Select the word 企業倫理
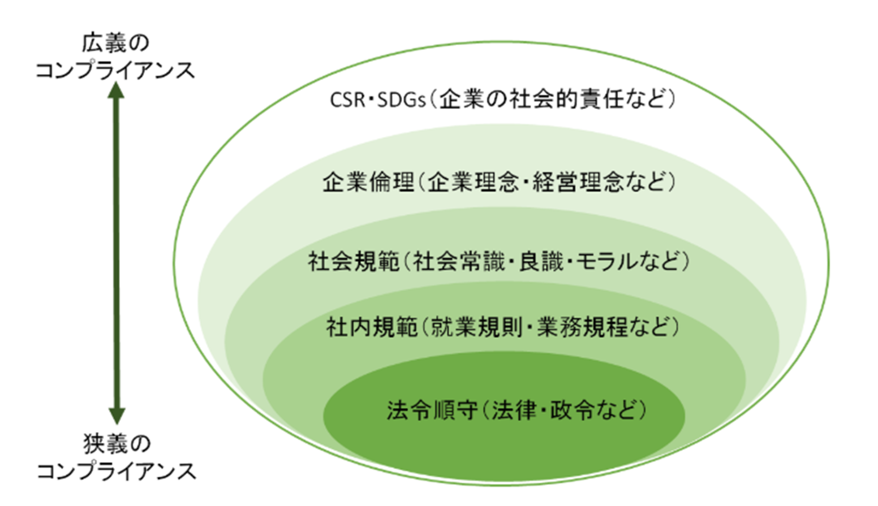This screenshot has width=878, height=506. pyautogui.click(x=368, y=182)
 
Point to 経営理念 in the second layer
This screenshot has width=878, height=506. pyautogui.click(x=576, y=182)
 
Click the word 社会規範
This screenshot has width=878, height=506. pyautogui.click(x=354, y=262)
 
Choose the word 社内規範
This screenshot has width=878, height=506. pyautogui.click(x=372, y=327)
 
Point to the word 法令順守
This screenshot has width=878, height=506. pyautogui.click(x=433, y=410)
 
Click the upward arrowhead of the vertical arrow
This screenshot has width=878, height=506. pyautogui.click(x=116, y=90)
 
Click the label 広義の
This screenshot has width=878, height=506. pyautogui.click(x=115, y=44)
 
